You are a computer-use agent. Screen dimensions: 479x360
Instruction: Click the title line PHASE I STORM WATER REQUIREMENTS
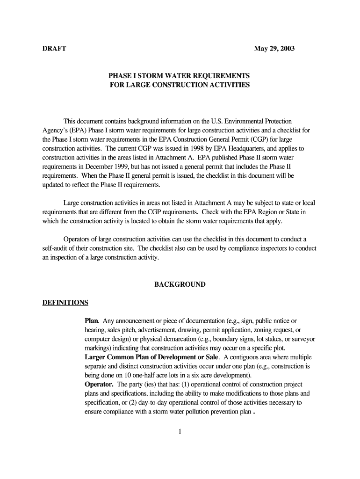[x=180, y=76]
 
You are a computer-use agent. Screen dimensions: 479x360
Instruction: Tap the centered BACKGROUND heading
[x=180, y=284]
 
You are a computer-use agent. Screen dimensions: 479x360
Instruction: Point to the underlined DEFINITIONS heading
[x=65, y=302]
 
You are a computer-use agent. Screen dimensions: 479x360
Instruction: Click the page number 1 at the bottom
[x=180, y=431]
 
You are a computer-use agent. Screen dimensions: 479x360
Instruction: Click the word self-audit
[x=56, y=248]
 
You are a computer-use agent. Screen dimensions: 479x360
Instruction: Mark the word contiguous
[x=244, y=357]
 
